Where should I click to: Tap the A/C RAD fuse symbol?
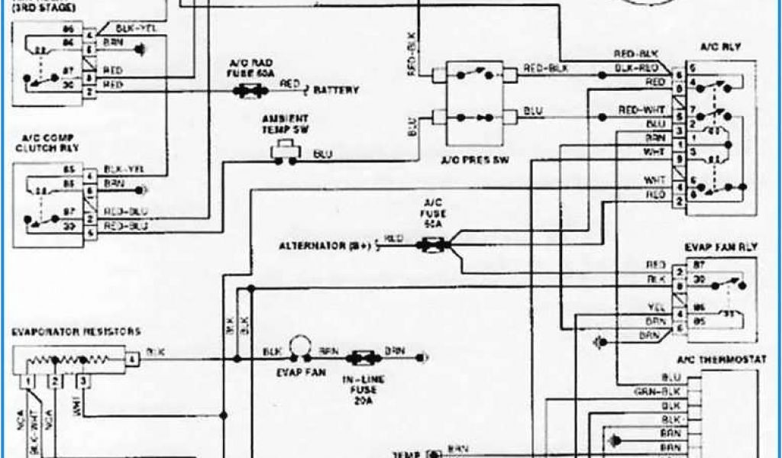click(x=249, y=90)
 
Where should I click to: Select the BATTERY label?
click(x=335, y=90)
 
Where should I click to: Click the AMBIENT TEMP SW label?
click(x=284, y=123)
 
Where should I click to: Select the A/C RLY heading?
click(x=720, y=47)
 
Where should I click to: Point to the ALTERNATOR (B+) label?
click(x=325, y=246)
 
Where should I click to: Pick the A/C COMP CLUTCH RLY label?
click(x=47, y=142)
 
